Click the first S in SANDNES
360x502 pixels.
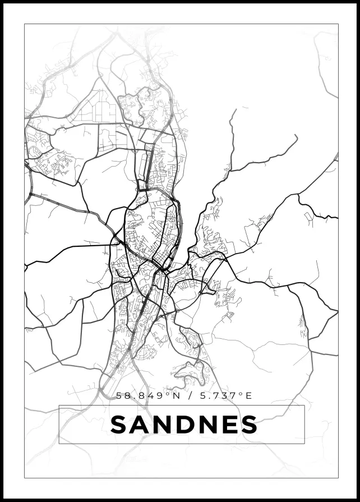coord(119,425)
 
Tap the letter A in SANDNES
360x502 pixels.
coord(141,425)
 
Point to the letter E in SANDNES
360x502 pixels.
coord(229,425)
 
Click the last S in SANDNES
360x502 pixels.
coord(249,425)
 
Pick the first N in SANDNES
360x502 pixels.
coord(163,425)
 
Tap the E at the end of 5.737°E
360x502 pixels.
coord(248,396)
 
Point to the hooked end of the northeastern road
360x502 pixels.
coord(234,110)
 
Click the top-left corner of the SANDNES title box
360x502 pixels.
coord(59,406)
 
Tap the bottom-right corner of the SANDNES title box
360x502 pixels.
coord(304,443)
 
